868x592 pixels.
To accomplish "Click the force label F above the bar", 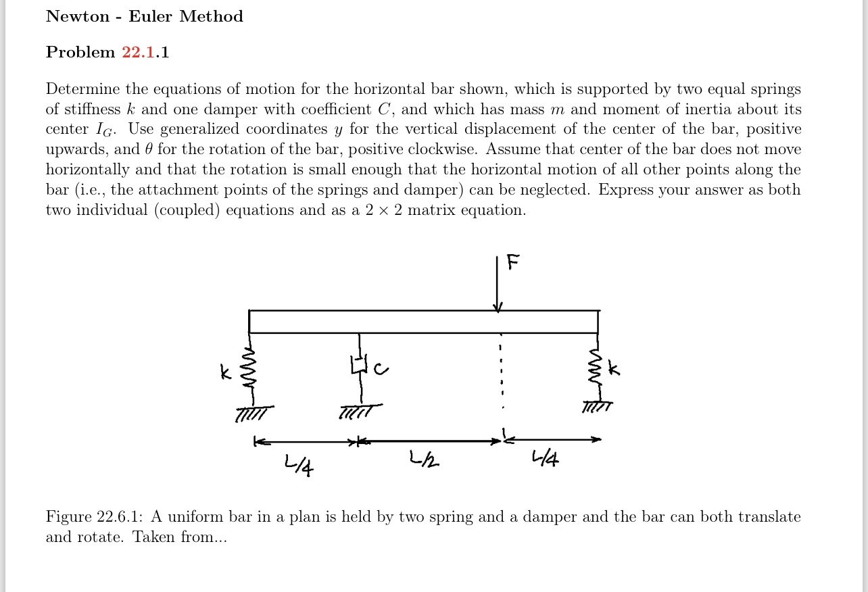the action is [x=513, y=262].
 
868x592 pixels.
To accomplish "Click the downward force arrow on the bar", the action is [x=498, y=284].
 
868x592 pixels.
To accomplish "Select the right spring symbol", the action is [x=596, y=368].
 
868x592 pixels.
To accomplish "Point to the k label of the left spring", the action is [x=226, y=371].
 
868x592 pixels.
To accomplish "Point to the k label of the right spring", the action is [x=613, y=368].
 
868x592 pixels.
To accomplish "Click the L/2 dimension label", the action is [x=425, y=460].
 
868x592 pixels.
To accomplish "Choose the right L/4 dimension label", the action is [x=546, y=460].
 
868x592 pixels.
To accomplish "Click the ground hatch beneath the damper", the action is [x=360, y=410].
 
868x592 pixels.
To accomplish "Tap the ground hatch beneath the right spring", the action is [x=598, y=407].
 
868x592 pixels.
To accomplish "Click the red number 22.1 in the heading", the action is [x=138, y=53].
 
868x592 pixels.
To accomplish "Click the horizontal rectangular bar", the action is [x=423, y=322].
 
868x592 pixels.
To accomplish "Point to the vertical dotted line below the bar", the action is [x=501, y=372].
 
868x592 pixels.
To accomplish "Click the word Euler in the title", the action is [x=150, y=17].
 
